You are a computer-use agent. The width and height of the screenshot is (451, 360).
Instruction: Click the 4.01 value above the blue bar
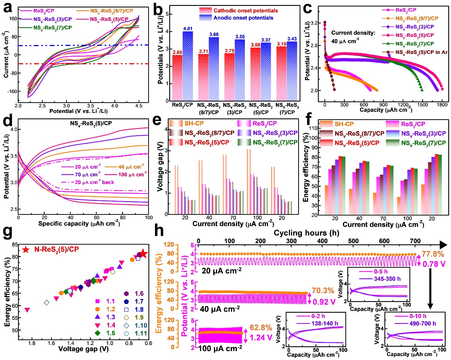tap(188, 29)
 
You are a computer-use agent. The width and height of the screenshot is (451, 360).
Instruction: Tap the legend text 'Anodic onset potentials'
tap(243, 18)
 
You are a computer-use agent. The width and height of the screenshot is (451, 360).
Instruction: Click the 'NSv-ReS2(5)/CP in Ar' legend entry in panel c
tap(421, 52)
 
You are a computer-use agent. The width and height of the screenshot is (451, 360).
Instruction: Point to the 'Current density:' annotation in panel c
tap(353, 33)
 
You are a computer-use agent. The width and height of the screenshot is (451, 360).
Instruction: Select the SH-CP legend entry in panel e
tap(194, 124)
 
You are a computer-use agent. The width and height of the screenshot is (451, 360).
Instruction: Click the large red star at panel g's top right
tap(143, 253)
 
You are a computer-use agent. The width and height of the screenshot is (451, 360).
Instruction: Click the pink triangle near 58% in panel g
tap(27, 310)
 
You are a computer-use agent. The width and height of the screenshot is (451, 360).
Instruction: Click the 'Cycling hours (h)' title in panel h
tap(306, 233)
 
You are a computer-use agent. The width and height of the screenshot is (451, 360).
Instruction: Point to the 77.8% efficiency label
tap(433, 254)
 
